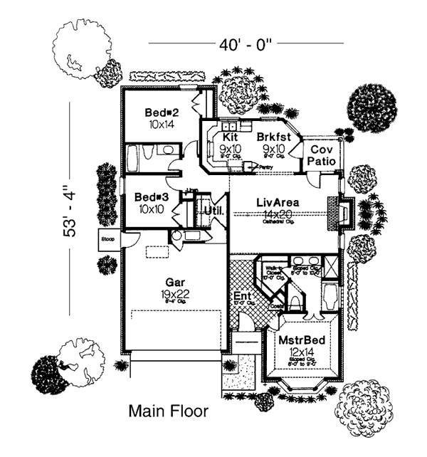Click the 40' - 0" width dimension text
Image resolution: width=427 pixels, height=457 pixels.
pyautogui.click(x=244, y=44)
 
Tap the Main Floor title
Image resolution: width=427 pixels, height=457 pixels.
pyautogui.click(x=168, y=411)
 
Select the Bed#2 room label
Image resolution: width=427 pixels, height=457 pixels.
pyautogui.click(x=161, y=112)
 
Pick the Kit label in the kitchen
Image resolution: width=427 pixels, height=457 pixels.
pyautogui.click(x=229, y=136)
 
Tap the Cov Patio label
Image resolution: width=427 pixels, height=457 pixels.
pyautogui.click(x=321, y=157)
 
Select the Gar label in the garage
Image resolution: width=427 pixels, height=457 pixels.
pyautogui.click(x=176, y=281)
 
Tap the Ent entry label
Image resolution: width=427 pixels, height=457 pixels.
pyautogui.click(x=241, y=296)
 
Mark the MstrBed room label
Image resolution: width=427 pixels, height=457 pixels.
pyautogui.click(x=302, y=340)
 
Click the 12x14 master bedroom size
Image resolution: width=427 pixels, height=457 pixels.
pyautogui.click(x=302, y=352)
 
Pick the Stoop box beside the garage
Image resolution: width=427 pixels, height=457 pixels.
pyautogui.click(x=109, y=239)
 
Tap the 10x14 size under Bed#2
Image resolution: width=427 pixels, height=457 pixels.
pyautogui.click(x=161, y=124)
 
